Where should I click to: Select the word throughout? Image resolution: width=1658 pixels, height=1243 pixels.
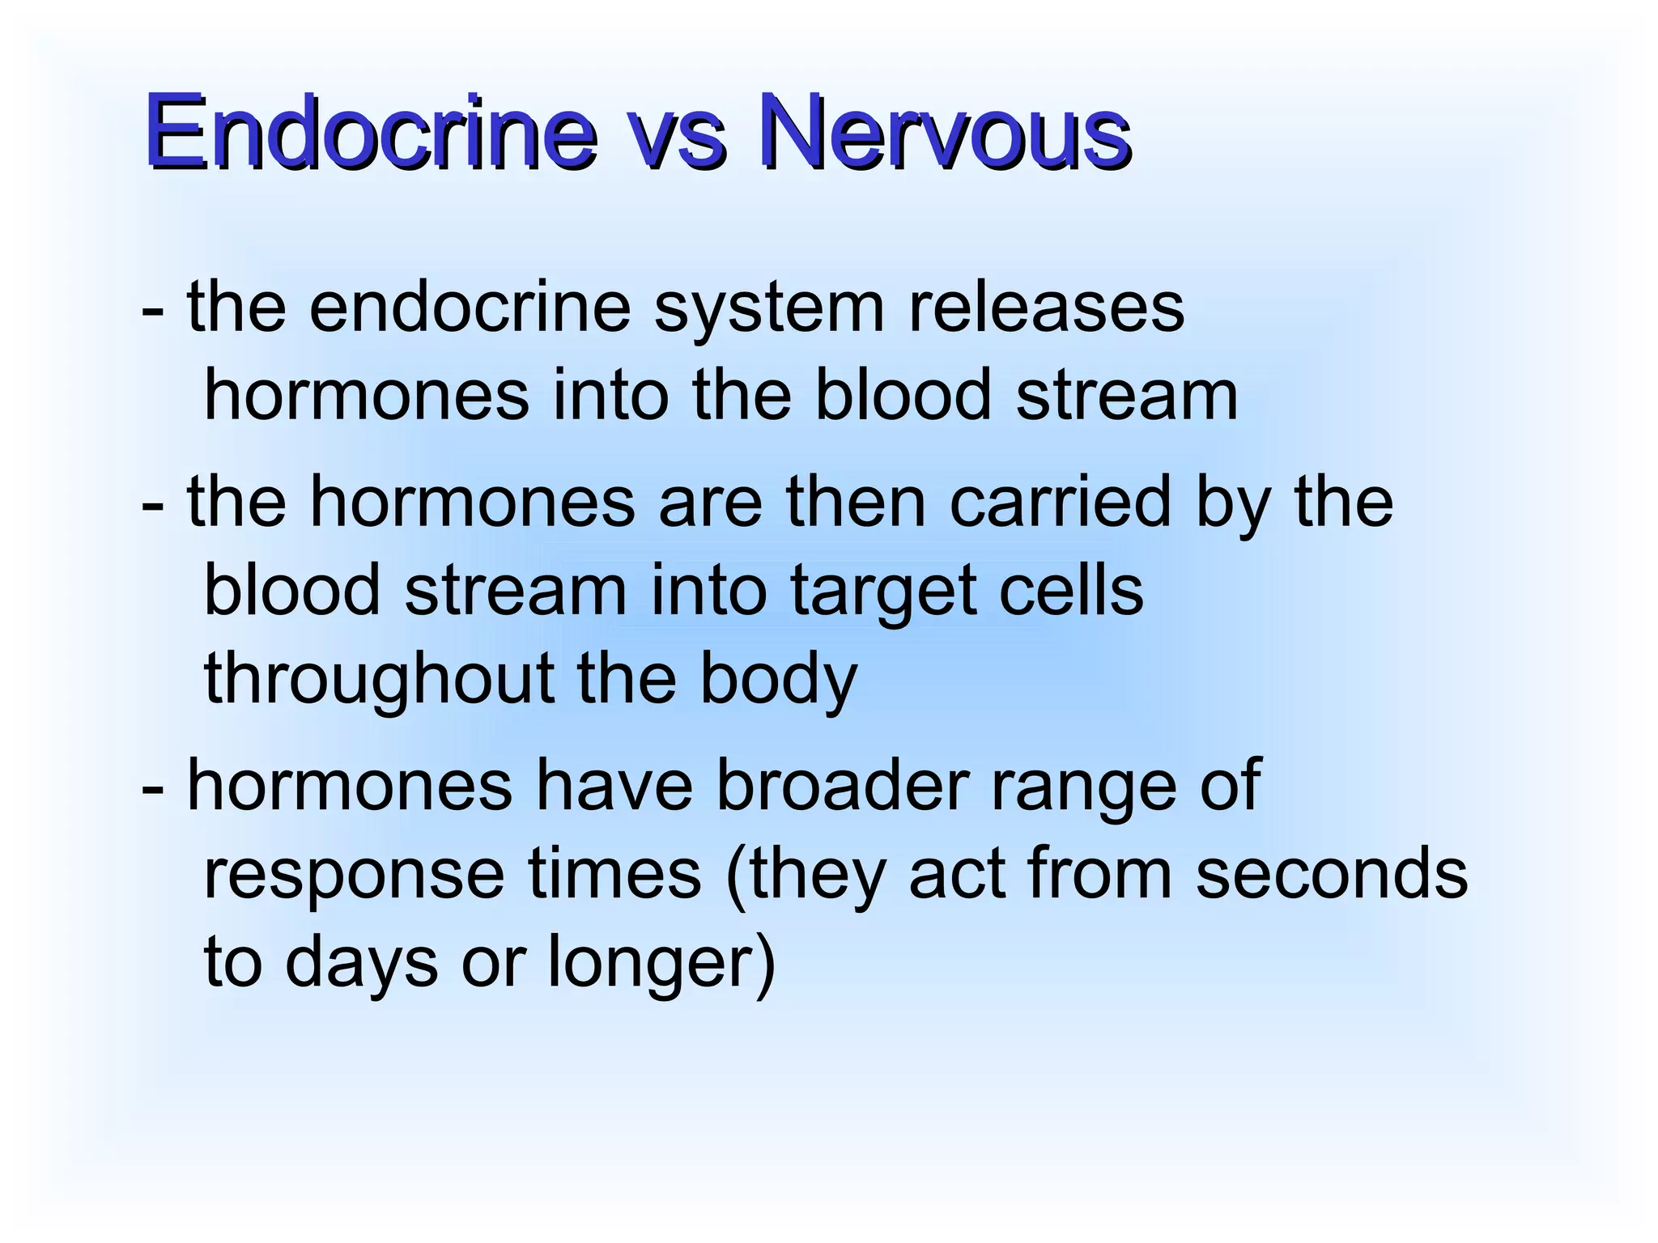coord(379,680)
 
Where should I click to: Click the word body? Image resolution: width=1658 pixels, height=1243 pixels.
coord(778,680)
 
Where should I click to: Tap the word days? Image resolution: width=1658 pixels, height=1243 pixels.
coord(361,963)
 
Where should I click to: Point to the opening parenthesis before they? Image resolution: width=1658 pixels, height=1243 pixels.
coord(736,876)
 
